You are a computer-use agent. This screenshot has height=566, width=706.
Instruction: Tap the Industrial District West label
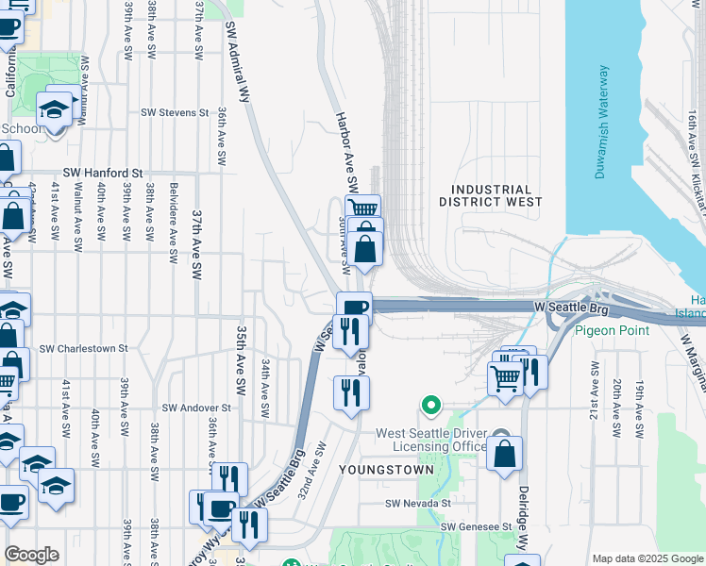491,195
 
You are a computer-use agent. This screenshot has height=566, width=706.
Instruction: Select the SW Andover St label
196,408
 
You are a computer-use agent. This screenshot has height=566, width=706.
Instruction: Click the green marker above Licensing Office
431,406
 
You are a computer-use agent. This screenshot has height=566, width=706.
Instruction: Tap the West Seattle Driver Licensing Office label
431,440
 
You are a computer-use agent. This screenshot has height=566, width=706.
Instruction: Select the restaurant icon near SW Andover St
351,391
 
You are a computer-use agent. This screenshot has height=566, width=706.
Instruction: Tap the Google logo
31,555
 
